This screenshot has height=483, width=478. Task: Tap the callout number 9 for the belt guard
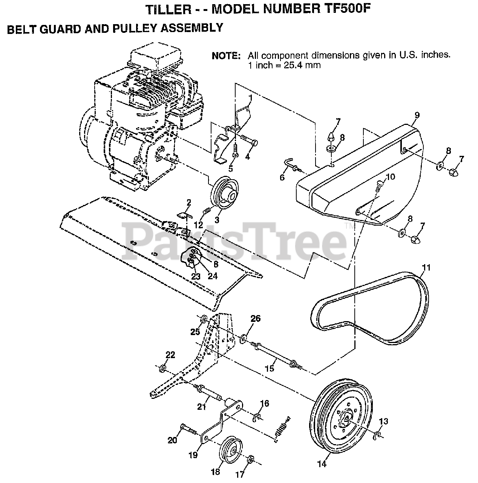pos(417,115)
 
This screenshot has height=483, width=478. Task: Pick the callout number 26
pos(255,319)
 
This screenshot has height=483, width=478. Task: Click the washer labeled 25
pos(204,318)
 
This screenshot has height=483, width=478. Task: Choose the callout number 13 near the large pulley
pos(383,421)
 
